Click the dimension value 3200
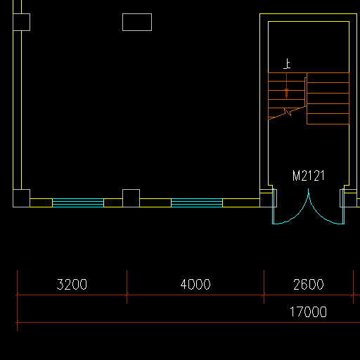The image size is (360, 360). click(72, 284)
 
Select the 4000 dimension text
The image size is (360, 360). click(195, 284)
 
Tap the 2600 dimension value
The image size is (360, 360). click(309, 285)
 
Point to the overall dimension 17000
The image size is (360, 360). click(308, 311)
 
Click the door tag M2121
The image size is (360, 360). click(309, 176)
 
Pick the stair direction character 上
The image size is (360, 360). click(287, 64)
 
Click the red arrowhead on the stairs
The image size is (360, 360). click(286, 93)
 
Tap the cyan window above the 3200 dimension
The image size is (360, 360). click(78, 202)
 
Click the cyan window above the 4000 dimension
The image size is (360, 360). click(197, 202)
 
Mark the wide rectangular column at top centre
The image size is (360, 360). click(137, 22)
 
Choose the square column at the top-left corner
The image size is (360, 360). click(21, 22)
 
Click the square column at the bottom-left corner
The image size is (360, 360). click(21, 198)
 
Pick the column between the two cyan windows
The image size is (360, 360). click(131, 198)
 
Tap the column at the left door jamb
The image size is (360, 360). click(268, 198)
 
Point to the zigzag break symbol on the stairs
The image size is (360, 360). click(288, 112)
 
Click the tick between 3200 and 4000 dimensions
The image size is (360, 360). click(127, 295)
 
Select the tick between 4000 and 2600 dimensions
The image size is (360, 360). click(264, 295)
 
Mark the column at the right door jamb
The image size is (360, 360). click(348, 198)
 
